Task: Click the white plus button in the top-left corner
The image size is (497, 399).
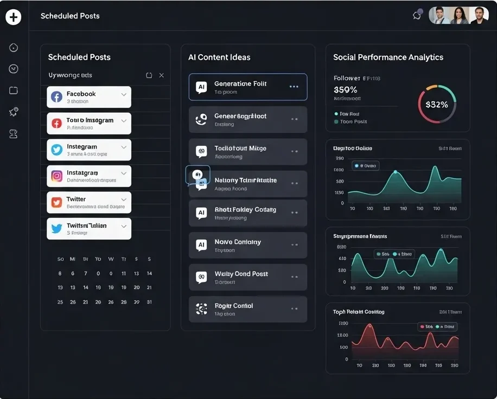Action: point(13,17)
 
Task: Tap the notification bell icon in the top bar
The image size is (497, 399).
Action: point(417,15)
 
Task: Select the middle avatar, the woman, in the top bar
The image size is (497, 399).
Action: point(459,15)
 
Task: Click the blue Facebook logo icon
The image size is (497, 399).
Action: point(56,97)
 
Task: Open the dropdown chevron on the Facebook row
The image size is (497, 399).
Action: point(124,95)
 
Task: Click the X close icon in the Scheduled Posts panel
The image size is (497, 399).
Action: point(161,75)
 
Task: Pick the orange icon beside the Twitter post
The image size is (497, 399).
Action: point(56,203)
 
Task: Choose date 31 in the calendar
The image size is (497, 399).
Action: point(149,302)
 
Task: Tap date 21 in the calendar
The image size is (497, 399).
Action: point(149,288)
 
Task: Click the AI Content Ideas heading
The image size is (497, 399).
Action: point(219,57)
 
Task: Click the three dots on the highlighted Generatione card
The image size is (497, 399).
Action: point(294,87)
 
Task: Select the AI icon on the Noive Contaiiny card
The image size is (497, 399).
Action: point(201,246)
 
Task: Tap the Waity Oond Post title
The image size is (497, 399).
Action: point(241,274)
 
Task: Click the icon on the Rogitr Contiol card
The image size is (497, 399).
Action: point(201,309)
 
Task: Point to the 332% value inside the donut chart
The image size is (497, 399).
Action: point(437,105)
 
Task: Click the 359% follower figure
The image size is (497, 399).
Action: point(346,90)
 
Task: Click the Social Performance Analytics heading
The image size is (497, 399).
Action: point(388,57)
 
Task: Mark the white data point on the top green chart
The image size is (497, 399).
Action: point(395,172)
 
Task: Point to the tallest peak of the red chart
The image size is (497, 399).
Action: point(370,326)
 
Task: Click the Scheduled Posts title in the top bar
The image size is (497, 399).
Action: point(70,16)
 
